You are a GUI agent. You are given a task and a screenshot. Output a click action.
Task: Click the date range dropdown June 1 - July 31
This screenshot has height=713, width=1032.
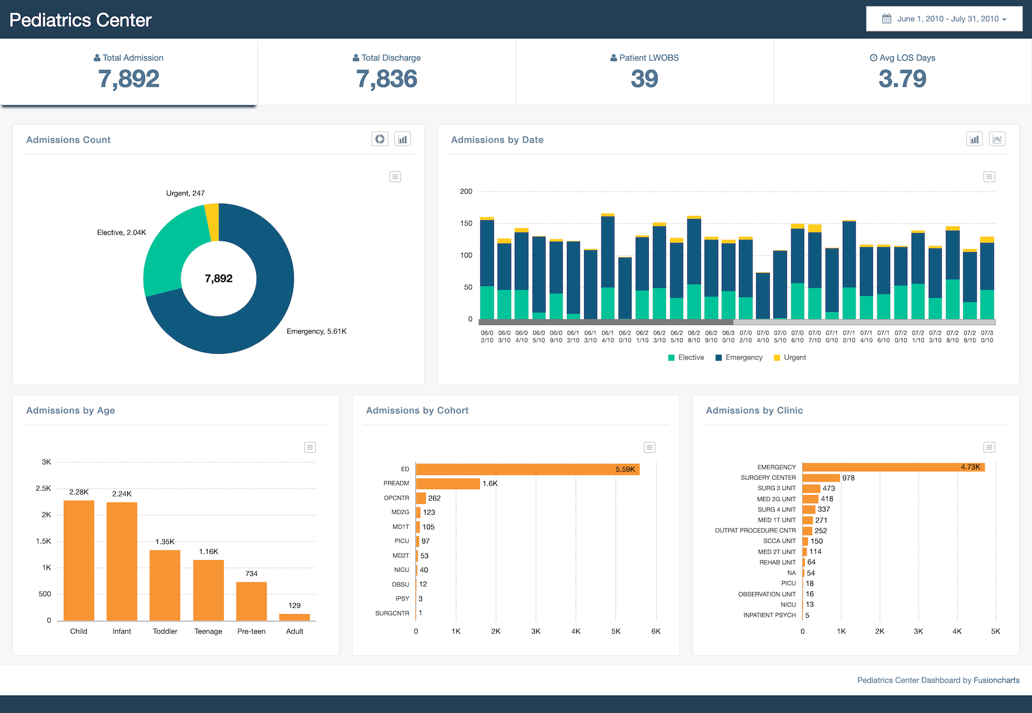[944, 19]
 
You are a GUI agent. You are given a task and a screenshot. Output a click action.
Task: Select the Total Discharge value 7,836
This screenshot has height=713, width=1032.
[386, 79]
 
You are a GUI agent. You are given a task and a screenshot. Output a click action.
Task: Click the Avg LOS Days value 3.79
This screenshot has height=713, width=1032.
[902, 79]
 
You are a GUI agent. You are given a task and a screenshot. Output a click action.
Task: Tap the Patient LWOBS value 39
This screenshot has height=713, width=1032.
[644, 79]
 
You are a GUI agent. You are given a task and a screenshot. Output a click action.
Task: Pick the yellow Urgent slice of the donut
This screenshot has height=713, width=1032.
[212, 222]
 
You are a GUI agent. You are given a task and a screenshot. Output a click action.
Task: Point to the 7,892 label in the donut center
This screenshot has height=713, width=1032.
[219, 279]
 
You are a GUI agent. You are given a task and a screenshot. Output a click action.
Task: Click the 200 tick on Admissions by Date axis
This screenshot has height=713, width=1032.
[466, 191]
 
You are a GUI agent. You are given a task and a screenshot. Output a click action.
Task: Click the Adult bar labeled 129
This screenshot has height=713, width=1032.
[294, 617]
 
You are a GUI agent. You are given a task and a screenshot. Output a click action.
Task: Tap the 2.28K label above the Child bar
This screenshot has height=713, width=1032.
[79, 492]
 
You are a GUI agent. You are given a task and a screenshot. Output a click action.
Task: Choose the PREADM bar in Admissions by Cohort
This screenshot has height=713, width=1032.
[448, 484]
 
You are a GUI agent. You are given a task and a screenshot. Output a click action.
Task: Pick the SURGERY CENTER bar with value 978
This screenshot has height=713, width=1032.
[821, 478]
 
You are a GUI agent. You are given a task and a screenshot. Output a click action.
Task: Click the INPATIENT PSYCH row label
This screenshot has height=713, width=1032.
[769, 615]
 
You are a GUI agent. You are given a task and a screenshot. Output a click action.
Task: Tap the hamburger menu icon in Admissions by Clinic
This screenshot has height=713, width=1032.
[989, 447]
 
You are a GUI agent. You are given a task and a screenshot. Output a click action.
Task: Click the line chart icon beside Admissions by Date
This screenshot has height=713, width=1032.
[997, 139]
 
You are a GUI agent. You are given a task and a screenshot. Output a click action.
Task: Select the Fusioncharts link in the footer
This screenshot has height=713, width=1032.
[996, 680]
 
